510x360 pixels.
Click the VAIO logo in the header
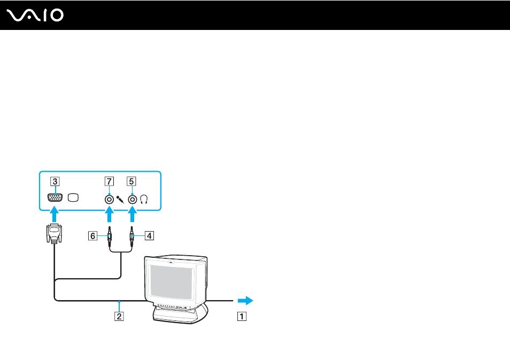coord(35,16)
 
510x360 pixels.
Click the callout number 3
coord(55,181)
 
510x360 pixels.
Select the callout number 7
coord(109,181)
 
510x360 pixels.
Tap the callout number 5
coord(132,181)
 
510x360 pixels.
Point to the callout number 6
coord(92,236)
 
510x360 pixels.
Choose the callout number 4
coord(149,236)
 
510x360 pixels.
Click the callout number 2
coord(119,316)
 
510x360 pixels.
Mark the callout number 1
coord(242,316)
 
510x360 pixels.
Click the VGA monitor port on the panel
coord(55,197)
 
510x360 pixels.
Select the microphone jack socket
coord(109,199)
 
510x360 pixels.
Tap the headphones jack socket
coord(133,199)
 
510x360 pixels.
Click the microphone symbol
coord(120,199)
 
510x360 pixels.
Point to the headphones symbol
coord(144,199)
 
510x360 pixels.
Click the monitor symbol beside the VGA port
coord(73,197)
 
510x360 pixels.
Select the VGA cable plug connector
coord(54,233)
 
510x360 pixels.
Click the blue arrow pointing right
coord(245,301)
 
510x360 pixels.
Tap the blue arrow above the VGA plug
coord(55,215)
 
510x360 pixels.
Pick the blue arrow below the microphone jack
coord(110,215)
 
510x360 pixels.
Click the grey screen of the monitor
coord(171,282)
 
